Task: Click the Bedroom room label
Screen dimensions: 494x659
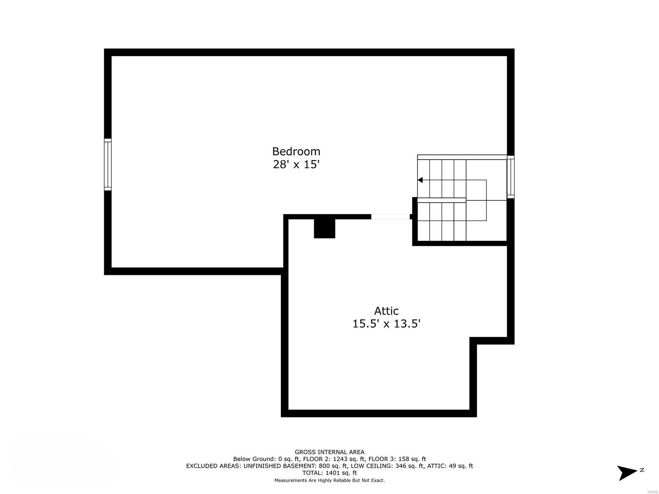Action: (x=296, y=151)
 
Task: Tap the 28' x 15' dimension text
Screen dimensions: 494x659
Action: (x=296, y=165)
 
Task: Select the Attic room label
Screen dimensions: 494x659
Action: (x=386, y=311)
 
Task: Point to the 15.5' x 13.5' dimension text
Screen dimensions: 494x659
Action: (x=386, y=324)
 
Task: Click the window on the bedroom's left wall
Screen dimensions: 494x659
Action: (x=107, y=164)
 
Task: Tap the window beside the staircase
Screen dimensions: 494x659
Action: (x=510, y=177)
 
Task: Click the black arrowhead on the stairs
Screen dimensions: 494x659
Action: (x=420, y=180)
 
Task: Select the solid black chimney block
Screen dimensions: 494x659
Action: (x=325, y=228)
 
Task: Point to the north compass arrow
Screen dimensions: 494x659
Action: (x=627, y=473)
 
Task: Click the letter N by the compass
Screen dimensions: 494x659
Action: (x=642, y=470)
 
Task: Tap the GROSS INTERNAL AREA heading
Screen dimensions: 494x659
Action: (x=329, y=452)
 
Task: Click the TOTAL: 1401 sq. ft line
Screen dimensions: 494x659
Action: (x=329, y=473)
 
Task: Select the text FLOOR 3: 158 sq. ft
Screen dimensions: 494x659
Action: (x=397, y=459)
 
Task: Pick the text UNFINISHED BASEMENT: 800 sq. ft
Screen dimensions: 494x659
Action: (x=293, y=466)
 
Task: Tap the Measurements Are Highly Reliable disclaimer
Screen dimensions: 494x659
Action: (x=329, y=480)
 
